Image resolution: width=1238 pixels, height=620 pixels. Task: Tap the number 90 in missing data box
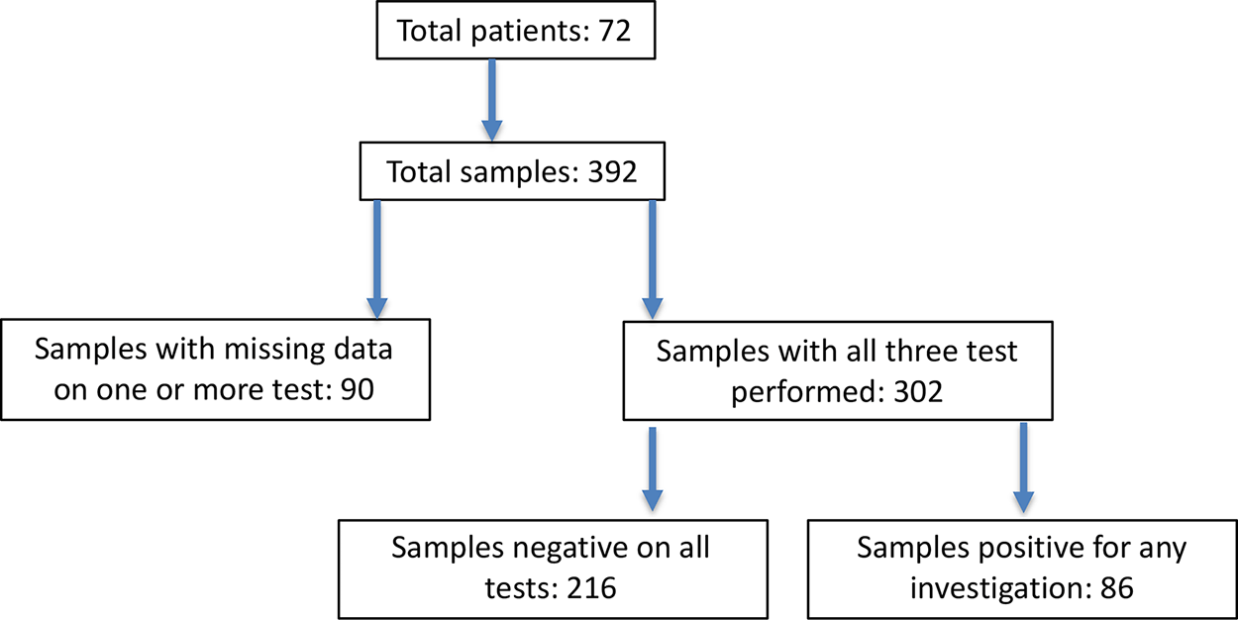[355, 389]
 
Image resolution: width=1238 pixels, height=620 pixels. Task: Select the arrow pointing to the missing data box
[376, 258]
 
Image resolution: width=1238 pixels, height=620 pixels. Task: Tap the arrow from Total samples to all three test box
[652, 258]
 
